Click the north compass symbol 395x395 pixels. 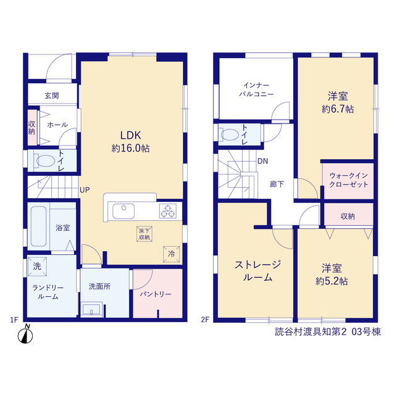[25, 335]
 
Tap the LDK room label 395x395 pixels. [130, 136]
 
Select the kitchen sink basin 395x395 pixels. [123, 211]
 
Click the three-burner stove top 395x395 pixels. [168, 211]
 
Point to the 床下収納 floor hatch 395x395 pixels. [144, 234]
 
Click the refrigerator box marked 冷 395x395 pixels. [172, 254]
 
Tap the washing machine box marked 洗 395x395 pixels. [37, 266]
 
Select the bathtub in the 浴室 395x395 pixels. [38, 227]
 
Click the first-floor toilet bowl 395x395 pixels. [44, 160]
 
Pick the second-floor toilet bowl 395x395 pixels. [229, 135]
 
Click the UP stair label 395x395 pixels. [85, 190]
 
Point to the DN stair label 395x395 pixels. [263, 161]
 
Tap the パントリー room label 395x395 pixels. [156, 294]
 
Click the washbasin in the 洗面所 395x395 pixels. [91, 309]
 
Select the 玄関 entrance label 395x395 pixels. [52, 96]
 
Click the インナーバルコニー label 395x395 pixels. [256, 89]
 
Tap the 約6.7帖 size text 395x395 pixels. [338, 109]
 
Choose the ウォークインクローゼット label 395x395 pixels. [349, 180]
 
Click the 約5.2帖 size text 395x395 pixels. [331, 281]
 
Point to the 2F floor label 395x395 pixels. [205, 320]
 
